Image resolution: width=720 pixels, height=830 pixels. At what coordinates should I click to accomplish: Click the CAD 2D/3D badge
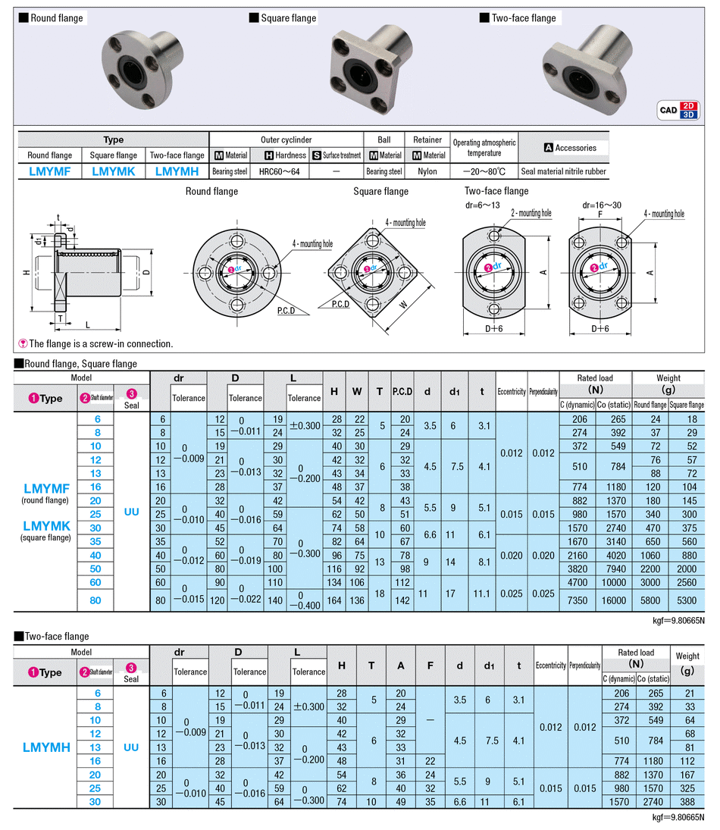(x=678, y=110)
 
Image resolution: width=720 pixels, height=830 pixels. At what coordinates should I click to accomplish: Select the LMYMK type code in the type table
(x=113, y=171)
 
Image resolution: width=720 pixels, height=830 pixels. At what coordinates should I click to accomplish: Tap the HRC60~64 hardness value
(x=279, y=171)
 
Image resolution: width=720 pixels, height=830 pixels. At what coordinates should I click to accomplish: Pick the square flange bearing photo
(x=371, y=69)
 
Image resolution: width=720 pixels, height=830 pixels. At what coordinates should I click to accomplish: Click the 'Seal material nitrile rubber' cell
(x=563, y=171)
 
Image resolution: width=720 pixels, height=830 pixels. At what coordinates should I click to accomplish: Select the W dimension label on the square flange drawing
(x=403, y=305)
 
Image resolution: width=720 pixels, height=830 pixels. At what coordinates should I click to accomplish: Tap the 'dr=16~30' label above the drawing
(x=602, y=205)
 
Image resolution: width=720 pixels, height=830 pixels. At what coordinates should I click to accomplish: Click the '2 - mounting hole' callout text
(x=531, y=213)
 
